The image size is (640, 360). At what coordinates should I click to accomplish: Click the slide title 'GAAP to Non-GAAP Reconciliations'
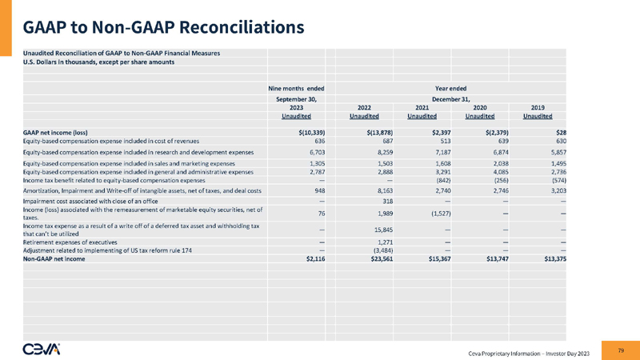coord(163,27)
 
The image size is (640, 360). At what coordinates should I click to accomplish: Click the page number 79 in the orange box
coord(622,349)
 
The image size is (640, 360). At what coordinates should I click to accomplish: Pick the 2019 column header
coord(538,107)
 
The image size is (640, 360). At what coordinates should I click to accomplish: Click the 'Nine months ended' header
coord(296,87)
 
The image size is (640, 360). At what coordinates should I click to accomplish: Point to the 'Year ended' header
coord(450,87)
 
